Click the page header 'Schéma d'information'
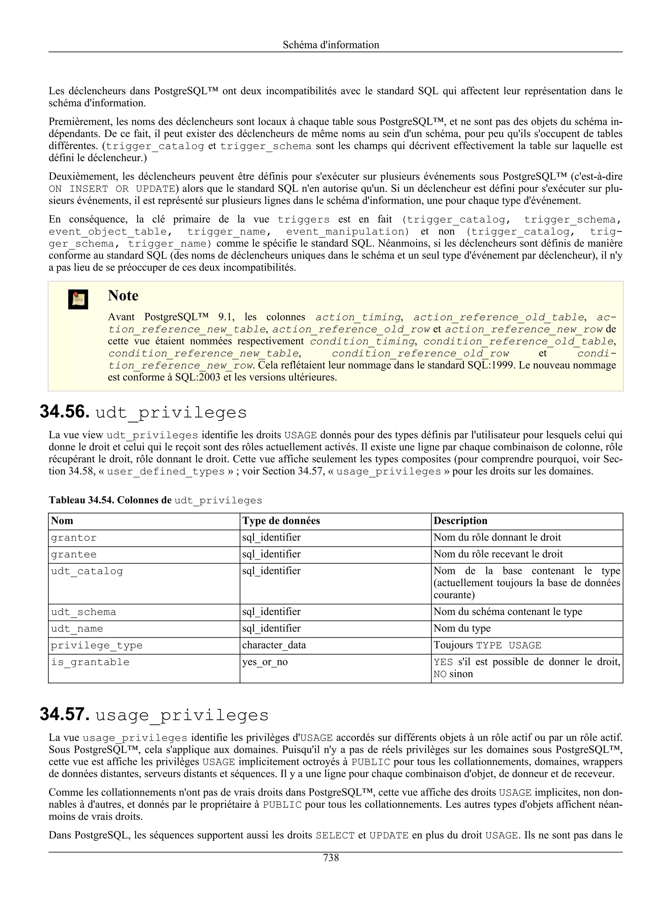[331, 45]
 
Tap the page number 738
[331, 858]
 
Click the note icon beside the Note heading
[78, 299]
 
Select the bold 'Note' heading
[123, 296]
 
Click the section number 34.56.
[64, 412]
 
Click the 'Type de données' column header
[281, 521]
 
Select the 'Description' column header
[460, 521]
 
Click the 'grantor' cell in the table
[74, 538]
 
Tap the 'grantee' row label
[74, 555]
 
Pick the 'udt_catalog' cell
[87, 571]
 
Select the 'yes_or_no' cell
[265, 662]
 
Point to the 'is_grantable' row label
[90, 662]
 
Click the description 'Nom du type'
[462, 628]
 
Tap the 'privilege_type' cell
[96, 645]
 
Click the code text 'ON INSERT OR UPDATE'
[112, 189]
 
